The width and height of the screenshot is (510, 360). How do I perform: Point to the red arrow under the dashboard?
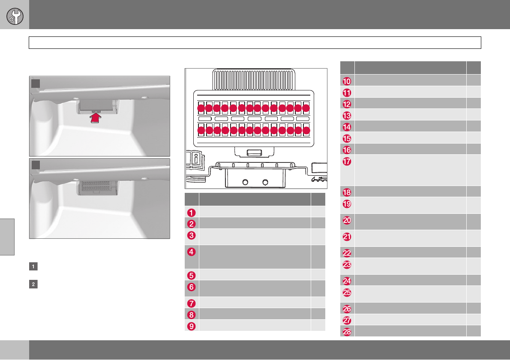96,118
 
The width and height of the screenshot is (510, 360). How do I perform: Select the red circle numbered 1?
192,211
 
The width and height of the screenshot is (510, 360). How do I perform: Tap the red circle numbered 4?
192,251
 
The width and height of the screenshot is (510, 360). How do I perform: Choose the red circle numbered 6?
192,286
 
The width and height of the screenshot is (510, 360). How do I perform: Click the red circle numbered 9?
192,325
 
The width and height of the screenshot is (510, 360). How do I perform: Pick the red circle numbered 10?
348,81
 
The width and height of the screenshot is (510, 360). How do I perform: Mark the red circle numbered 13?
348,115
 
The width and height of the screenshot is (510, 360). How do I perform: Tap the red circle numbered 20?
348,220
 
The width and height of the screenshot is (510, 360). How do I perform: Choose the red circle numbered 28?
348,331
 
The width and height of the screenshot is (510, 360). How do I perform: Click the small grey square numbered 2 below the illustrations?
33,285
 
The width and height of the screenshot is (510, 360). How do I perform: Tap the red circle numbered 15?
348,138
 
